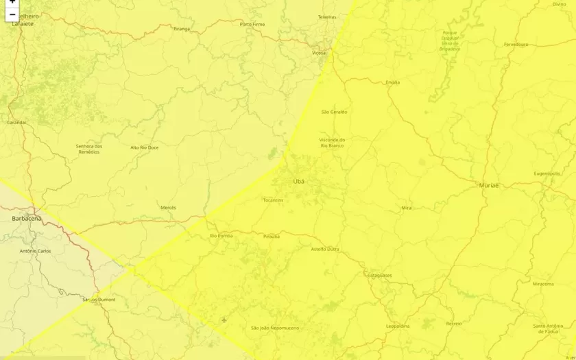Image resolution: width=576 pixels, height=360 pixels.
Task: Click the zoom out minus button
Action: click(x=12, y=14)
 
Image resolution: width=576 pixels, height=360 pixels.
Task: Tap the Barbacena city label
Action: click(x=27, y=218)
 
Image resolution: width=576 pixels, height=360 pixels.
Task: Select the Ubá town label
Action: click(x=299, y=181)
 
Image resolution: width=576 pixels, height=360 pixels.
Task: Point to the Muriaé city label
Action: click(x=489, y=185)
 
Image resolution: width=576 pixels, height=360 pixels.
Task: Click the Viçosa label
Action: click(x=319, y=52)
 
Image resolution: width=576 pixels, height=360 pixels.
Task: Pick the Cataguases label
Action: click(x=379, y=275)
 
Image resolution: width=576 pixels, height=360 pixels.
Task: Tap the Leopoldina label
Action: click(x=398, y=326)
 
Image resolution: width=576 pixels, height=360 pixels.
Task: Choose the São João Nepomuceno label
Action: click(x=275, y=328)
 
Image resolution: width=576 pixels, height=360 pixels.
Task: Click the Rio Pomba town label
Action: click(x=221, y=236)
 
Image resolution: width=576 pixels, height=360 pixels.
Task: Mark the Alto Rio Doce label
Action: click(x=144, y=147)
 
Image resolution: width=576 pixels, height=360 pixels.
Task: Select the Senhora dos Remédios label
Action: click(x=89, y=149)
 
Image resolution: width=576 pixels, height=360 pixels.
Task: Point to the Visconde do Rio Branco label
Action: click(x=332, y=143)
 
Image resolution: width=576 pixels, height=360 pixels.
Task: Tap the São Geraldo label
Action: click(x=334, y=112)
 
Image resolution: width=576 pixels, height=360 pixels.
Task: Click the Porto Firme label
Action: click(x=252, y=25)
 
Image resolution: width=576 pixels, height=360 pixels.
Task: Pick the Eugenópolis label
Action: click(x=547, y=173)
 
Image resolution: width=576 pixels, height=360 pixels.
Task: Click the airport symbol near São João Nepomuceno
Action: click(x=224, y=320)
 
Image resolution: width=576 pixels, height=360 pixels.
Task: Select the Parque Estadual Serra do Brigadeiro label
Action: click(x=450, y=40)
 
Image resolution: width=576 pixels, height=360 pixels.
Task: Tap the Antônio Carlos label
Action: click(x=36, y=251)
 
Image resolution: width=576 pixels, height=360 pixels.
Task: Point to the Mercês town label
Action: click(x=168, y=207)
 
